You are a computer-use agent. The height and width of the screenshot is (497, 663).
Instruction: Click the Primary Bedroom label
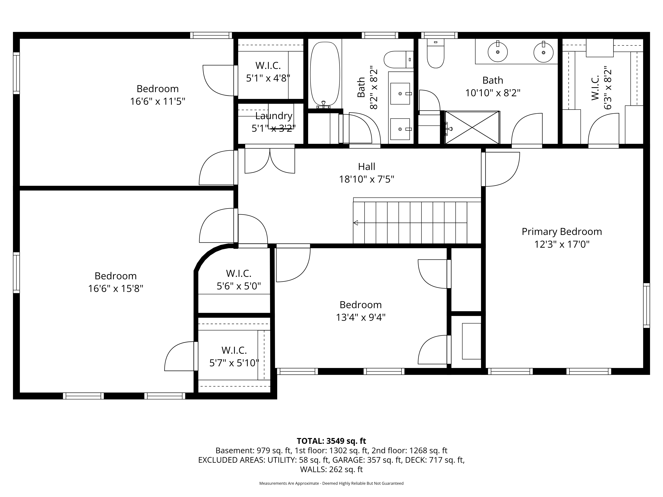(x=562, y=232)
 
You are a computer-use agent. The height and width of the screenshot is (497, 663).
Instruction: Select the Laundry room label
(x=274, y=116)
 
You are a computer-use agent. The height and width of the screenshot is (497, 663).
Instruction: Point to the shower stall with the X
(x=472, y=127)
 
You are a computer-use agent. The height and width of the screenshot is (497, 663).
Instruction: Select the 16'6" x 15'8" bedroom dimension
(x=116, y=288)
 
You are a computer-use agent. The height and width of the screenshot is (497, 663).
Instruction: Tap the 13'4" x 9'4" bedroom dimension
(x=361, y=317)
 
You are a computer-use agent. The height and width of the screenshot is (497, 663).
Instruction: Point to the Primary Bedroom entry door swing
(x=502, y=169)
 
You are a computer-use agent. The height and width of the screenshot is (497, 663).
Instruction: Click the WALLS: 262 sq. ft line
(x=331, y=469)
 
